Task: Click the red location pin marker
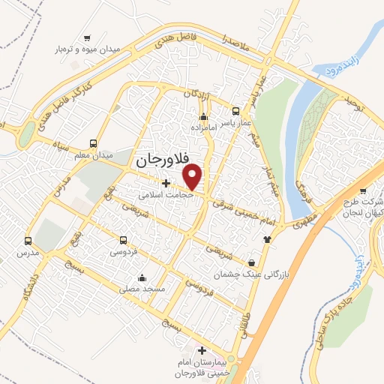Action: pos(193,176)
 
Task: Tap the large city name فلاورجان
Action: pos(161,160)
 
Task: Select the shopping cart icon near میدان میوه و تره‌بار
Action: pos(88,37)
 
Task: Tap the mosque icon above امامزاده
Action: pos(203,116)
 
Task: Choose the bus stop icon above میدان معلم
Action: pos(93,142)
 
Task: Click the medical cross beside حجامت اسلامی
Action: pos(166,182)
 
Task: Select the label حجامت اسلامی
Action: pos(165,193)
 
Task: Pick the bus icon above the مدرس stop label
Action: pos(28,241)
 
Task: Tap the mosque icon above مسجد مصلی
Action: pos(142,278)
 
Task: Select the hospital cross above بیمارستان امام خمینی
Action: pos(201,350)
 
